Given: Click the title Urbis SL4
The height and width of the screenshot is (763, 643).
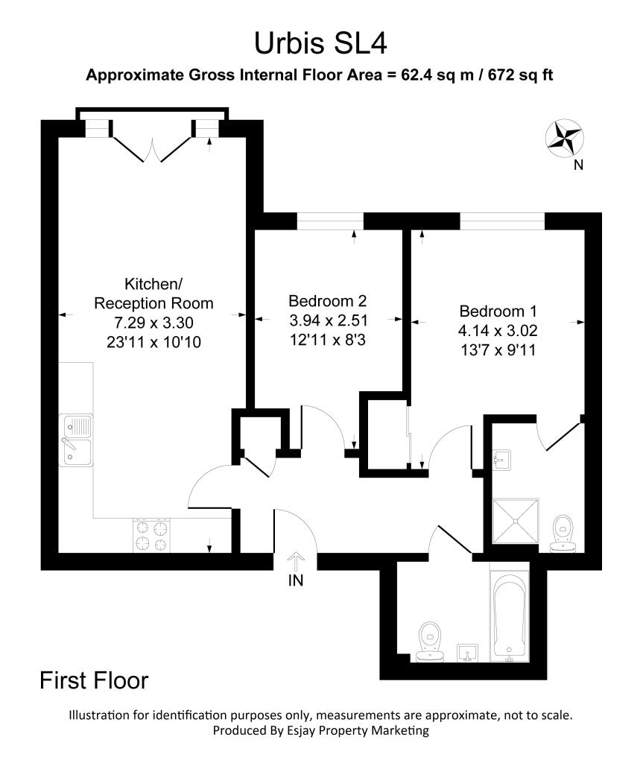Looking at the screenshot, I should (x=320, y=42).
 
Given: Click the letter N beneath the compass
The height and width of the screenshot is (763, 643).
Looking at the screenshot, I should (x=578, y=165).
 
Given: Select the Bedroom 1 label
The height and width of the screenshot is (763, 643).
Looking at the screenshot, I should (x=498, y=311).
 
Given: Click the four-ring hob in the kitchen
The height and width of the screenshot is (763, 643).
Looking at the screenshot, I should (x=152, y=535).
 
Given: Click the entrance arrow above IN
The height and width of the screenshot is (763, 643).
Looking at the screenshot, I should (x=296, y=560).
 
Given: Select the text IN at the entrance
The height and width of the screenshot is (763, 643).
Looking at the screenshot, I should (x=296, y=582).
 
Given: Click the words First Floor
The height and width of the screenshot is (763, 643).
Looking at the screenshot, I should (x=94, y=680).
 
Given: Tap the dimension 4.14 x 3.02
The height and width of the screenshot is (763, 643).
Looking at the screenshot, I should (x=498, y=330).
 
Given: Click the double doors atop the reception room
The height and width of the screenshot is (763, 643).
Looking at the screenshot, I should (x=153, y=148).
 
